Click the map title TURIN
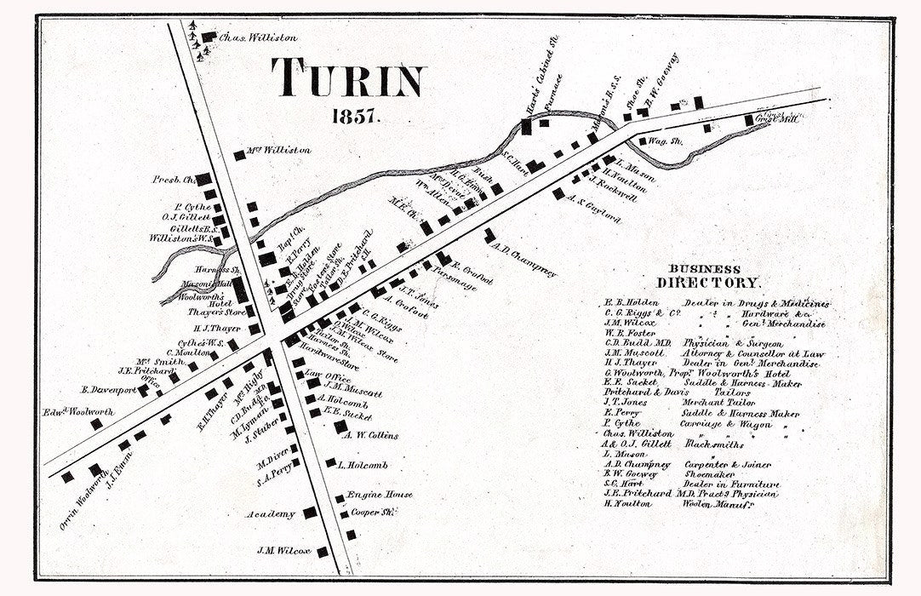(x=347, y=79)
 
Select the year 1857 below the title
(x=347, y=117)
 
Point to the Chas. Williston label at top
(x=246, y=38)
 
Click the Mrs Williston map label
(x=278, y=150)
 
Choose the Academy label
(x=271, y=514)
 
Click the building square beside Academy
(x=310, y=513)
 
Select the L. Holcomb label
(x=363, y=465)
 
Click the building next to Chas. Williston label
(x=209, y=37)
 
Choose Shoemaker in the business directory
(x=705, y=474)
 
